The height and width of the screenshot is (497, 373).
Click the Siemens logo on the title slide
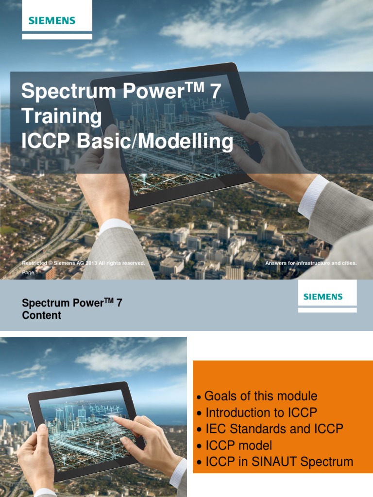52,20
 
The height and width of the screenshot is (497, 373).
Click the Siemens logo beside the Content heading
323,296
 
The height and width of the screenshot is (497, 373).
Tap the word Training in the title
62,116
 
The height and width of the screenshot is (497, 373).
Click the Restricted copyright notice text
84,263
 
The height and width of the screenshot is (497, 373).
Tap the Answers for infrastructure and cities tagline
311,263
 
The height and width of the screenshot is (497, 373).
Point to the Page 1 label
29,273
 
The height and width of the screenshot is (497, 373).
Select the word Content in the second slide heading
42,315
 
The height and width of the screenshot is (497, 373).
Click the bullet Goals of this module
261,396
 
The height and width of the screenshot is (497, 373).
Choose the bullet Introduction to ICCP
261,413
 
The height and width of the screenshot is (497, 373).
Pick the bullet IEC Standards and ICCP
274,429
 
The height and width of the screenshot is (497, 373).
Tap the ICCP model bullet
238,446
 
